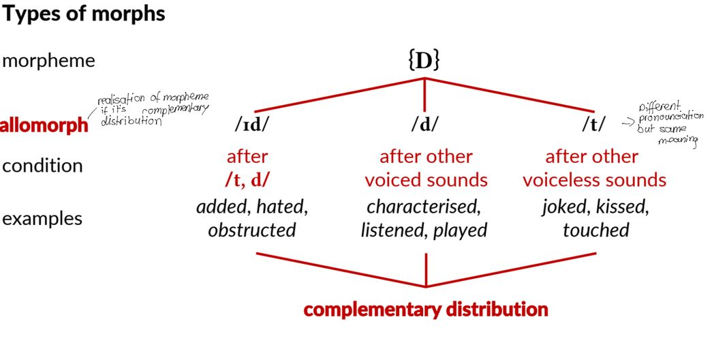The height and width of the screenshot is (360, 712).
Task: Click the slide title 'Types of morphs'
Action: click(83, 14)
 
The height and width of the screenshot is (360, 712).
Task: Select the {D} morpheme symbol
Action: click(424, 61)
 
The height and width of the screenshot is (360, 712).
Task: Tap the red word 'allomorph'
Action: click(44, 125)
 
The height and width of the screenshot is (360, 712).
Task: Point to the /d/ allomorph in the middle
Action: click(425, 125)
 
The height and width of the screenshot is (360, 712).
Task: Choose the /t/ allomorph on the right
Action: click(593, 125)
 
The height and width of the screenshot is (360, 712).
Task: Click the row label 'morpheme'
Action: click(48, 61)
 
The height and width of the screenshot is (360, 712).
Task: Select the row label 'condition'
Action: click(42, 166)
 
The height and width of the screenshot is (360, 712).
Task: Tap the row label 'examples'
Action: click(42, 219)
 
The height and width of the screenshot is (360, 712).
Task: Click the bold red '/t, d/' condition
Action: click(247, 180)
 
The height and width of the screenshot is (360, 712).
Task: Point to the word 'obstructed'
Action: click(252, 230)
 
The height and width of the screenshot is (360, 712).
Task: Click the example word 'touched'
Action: click(595, 230)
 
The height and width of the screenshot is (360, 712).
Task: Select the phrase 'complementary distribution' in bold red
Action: click(426, 310)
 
